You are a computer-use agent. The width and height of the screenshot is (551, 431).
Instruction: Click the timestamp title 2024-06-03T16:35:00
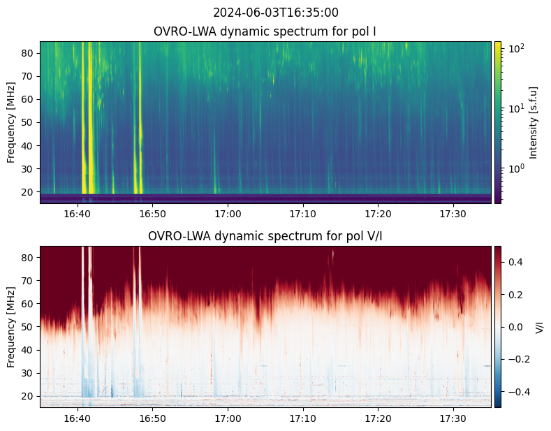275,13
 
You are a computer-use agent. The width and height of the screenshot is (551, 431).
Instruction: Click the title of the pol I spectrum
265,31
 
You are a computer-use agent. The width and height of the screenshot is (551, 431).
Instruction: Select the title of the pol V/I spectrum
265,236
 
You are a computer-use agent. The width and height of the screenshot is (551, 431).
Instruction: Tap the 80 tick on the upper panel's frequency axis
30,52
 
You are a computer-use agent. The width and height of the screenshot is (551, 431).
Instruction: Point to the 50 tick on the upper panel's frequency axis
30,122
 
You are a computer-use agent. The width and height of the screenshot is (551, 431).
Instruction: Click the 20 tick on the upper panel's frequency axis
30,191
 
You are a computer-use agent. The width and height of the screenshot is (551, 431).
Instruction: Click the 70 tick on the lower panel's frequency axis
30,280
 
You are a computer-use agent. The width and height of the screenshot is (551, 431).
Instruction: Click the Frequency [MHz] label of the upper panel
11,122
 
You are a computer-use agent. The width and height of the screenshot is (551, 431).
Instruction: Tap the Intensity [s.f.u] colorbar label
534,122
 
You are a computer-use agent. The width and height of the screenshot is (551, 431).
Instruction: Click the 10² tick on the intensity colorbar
515,49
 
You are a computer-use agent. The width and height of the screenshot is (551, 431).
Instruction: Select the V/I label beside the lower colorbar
538,327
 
